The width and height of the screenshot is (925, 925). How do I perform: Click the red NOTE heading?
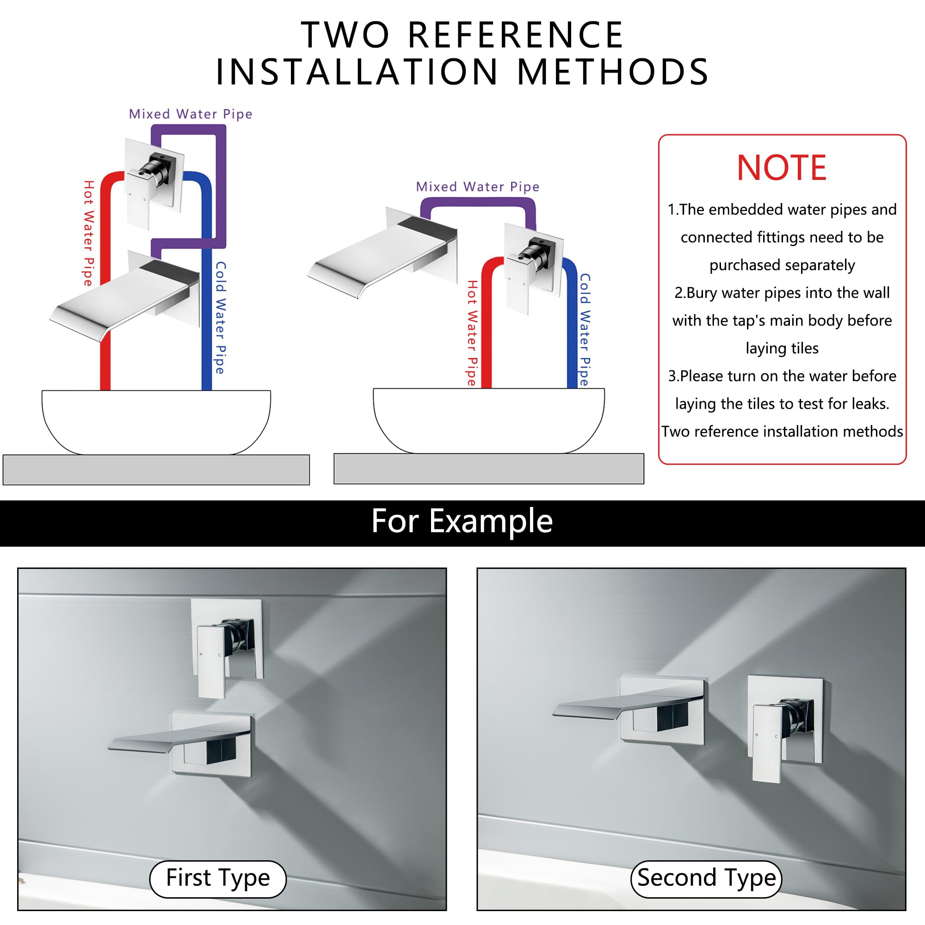click(781, 167)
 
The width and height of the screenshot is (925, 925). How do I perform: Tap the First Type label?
click(218, 878)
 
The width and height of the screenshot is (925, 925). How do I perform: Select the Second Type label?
click(706, 878)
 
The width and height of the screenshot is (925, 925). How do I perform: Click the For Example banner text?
click(462, 521)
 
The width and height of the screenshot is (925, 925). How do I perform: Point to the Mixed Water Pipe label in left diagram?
click(191, 114)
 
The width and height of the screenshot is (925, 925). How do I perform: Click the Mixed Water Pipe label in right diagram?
click(477, 187)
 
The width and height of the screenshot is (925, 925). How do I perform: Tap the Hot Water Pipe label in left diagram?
click(89, 233)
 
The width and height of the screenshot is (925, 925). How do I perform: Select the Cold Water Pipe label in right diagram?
click(585, 330)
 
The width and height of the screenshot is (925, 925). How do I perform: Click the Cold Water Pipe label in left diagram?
click(220, 317)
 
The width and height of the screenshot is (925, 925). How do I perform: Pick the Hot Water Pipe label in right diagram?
click(472, 333)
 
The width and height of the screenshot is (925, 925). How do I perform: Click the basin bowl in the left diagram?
click(156, 422)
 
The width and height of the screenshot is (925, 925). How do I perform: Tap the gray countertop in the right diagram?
click(489, 469)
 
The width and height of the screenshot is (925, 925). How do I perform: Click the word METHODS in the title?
click(613, 72)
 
